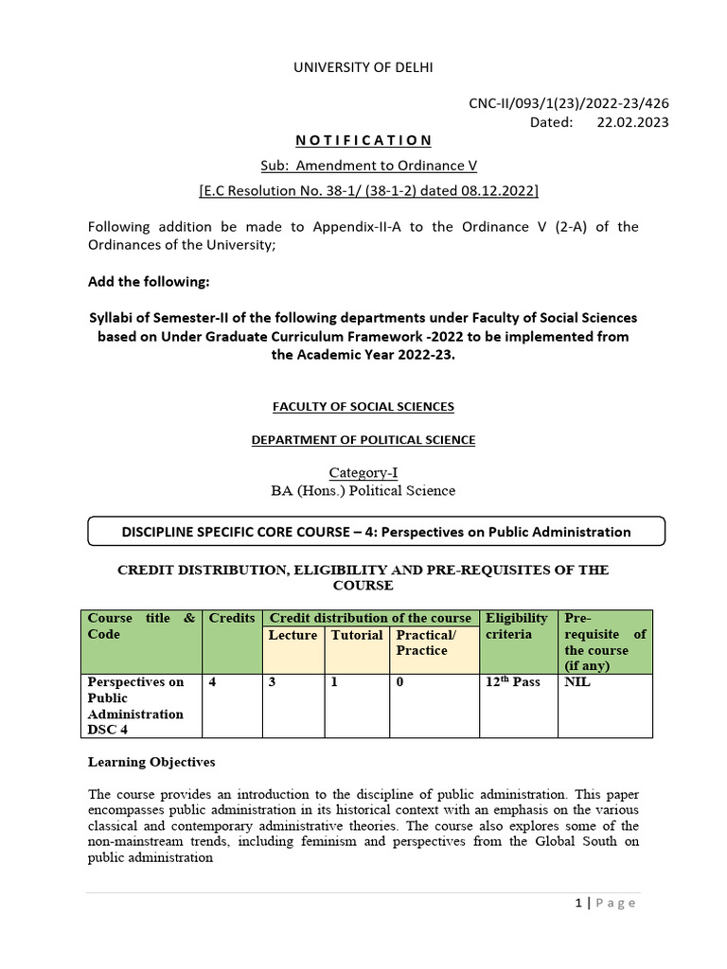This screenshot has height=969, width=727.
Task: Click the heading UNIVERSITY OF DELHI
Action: [363, 66]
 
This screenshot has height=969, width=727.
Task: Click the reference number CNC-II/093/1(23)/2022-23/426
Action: [570, 104]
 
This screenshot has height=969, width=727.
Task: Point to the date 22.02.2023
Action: [632, 122]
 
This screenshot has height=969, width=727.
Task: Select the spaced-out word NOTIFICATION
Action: [363, 140]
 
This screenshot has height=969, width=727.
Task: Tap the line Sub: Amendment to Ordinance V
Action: [363, 166]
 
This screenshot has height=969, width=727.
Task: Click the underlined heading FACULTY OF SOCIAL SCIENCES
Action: [363, 406]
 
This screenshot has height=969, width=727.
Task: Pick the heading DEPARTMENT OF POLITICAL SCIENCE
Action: [363, 440]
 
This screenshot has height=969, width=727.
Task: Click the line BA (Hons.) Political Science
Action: [363, 490]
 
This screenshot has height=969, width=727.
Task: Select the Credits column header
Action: [232, 618]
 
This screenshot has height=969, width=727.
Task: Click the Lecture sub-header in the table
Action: [293, 635]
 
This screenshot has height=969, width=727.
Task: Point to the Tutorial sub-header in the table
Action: [357, 635]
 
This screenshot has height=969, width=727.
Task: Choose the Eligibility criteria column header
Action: [517, 626]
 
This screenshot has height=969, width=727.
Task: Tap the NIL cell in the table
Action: [577, 681]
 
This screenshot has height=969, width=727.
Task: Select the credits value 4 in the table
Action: [213, 681]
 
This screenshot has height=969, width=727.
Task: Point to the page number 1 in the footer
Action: [577, 903]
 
